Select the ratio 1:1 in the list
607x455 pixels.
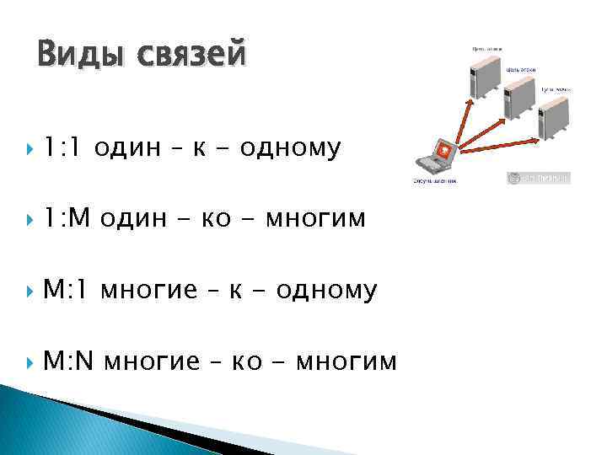[x=64, y=149]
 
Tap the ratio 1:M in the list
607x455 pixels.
[x=67, y=219]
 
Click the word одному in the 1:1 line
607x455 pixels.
[x=290, y=149]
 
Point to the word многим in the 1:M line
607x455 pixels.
[x=315, y=219]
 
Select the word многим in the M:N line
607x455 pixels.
[x=345, y=361]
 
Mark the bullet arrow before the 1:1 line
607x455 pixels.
[x=31, y=150]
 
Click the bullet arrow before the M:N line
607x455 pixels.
[x=31, y=362]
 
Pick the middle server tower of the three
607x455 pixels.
[x=521, y=99]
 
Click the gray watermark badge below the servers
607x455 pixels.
[x=538, y=178]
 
